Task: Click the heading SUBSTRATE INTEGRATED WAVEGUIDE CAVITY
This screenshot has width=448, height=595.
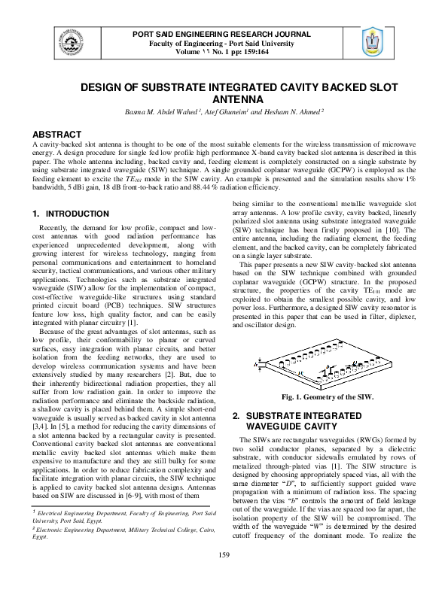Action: pos(297,421)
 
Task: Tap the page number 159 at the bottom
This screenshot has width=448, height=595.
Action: pos(224,575)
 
